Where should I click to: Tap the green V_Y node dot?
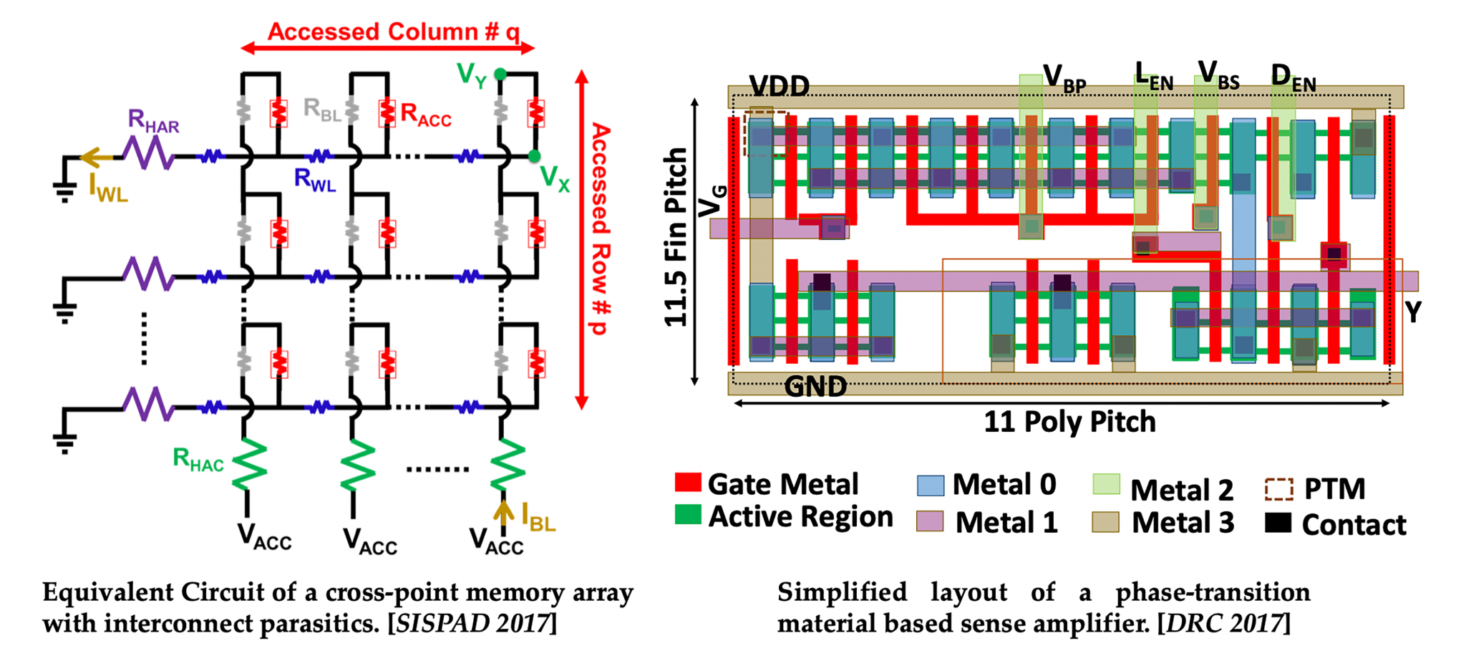500,74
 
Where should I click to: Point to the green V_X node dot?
534,156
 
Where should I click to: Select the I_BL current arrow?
503,513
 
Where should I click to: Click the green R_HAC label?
198,460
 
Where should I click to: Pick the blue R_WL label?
314,180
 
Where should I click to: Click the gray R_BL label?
321,110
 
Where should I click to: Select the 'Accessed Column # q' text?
393,32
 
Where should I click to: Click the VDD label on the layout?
779,87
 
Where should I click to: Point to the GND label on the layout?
815,387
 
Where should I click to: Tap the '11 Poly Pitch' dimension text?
1069,422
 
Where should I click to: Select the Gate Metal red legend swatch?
687,482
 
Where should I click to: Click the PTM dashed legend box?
1278,488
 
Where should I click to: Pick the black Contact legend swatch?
1278,524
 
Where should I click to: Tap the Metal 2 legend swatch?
1107,485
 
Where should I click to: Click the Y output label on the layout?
1412,312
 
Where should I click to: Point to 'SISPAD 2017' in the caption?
472,624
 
